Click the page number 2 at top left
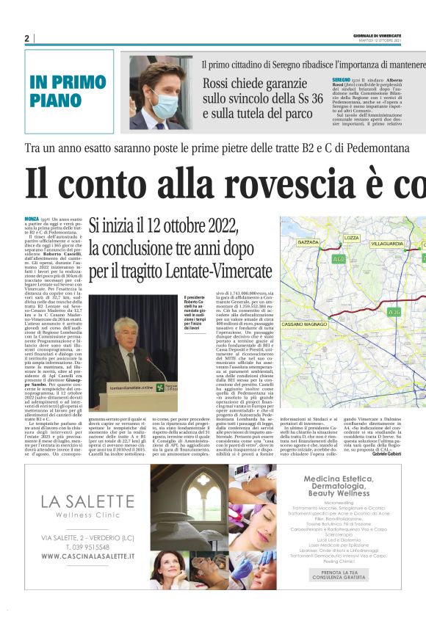[26, 38]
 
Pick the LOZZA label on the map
[352, 238]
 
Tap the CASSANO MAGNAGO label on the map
[303, 302]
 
